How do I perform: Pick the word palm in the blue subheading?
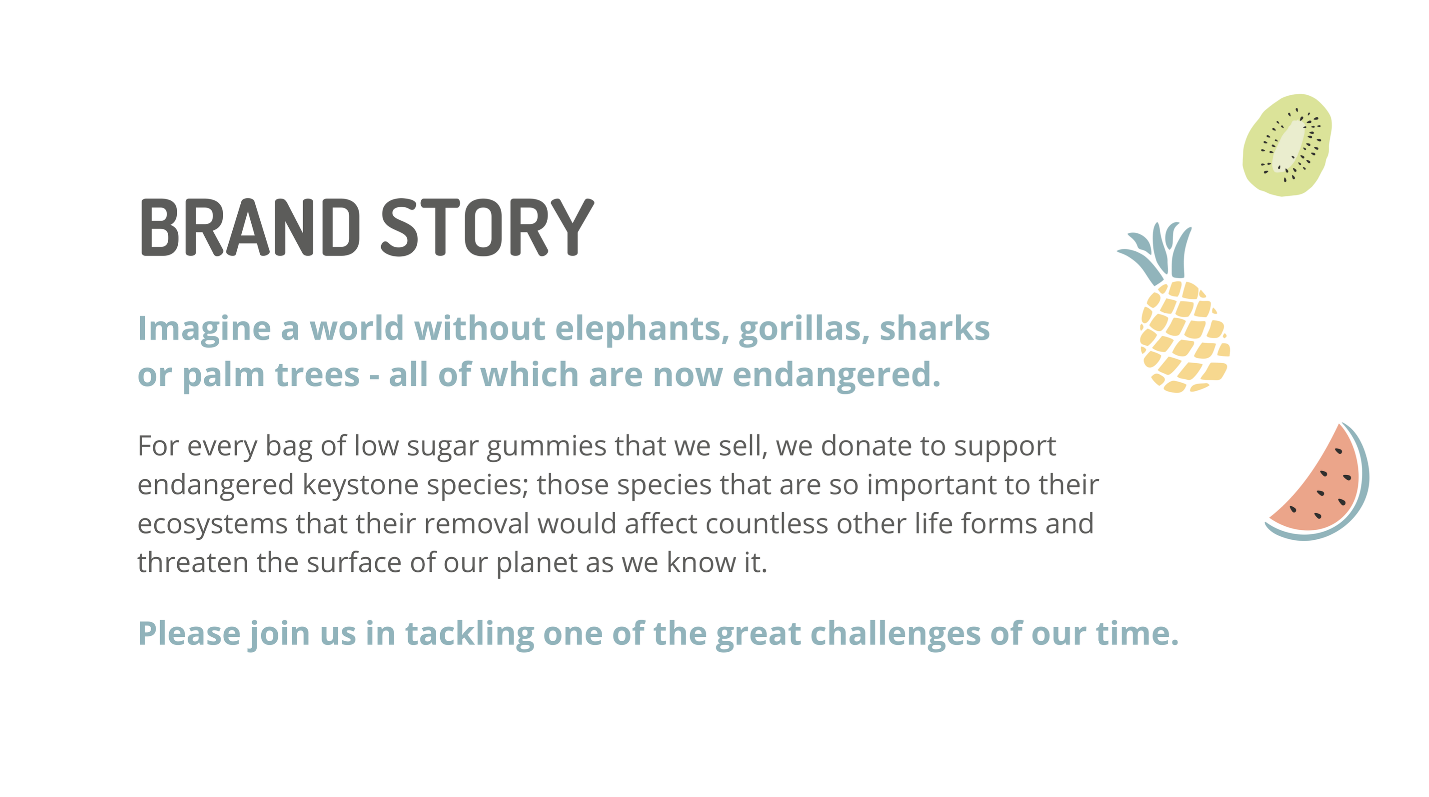click(224, 376)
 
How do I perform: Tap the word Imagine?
click(204, 329)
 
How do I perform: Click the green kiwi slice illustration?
click(1286, 145)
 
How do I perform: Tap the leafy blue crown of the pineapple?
click(1158, 253)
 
